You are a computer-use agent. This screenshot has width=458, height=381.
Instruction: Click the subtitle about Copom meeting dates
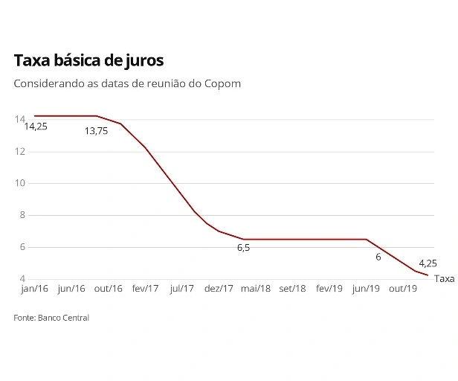click(127, 83)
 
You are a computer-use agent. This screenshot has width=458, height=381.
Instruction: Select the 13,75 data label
click(96, 130)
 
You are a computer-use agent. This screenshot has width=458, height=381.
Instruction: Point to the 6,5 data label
click(243, 248)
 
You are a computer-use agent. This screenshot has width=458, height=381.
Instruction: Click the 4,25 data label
click(428, 263)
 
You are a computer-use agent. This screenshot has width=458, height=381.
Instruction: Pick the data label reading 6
click(378, 257)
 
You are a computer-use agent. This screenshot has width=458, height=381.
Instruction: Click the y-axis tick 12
click(19, 151)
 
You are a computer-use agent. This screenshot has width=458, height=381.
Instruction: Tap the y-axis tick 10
click(19, 183)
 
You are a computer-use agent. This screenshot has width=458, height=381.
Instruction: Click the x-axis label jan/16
click(34, 289)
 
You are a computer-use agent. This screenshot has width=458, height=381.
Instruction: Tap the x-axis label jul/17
click(182, 289)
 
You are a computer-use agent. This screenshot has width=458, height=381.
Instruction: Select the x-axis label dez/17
click(219, 289)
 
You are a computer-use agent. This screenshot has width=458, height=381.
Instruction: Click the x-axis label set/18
click(291, 289)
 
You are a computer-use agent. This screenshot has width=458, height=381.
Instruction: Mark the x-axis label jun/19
click(364, 289)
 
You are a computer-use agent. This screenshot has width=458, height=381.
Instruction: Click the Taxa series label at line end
click(444, 279)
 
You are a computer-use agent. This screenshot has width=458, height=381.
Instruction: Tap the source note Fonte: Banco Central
click(51, 318)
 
